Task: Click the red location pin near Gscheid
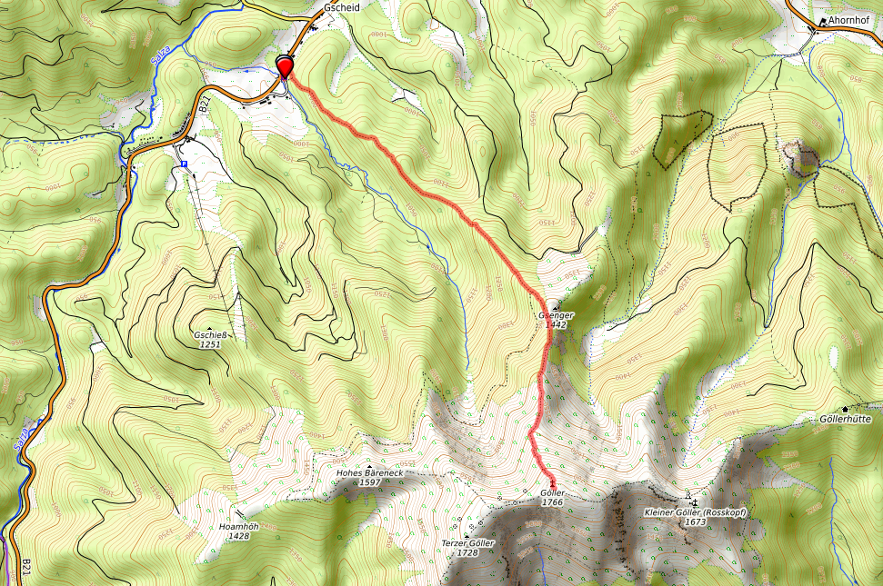(285, 66)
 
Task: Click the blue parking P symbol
(184, 164)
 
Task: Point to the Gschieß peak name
(210, 334)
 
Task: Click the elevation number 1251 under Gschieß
(210, 344)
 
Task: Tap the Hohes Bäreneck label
(369, 473)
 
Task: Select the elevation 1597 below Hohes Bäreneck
(369, 482)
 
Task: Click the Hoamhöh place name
(239, 527)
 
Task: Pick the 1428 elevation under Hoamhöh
(239, 536)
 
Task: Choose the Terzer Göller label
(467, 543)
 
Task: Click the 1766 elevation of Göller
(553, 502)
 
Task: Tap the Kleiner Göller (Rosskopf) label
(695, 513)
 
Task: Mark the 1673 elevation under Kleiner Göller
(695, 522)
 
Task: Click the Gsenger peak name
(556, 315)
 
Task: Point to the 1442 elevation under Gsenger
(557, 324)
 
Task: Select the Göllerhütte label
(846, 420)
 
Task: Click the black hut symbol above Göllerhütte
(846, 409)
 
